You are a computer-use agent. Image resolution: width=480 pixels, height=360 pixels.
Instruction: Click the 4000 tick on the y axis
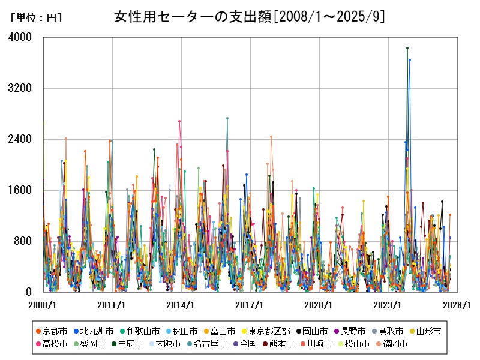(21, 37)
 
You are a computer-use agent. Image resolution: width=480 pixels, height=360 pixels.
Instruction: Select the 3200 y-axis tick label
(21, 88)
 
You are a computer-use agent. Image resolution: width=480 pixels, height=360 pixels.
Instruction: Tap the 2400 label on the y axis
(21, 139)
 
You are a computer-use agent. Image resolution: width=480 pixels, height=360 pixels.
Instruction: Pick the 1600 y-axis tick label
(21, 190)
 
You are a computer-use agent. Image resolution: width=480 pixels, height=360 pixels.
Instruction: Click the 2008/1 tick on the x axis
(43, 305)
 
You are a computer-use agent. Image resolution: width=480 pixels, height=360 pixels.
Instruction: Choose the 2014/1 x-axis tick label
(181, 305)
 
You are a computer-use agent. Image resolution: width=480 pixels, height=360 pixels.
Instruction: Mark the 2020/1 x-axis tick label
(319, 305)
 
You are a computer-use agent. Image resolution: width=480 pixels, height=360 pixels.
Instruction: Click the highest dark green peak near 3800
(407, 48)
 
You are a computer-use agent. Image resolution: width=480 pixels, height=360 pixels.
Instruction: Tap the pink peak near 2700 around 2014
(179, 121)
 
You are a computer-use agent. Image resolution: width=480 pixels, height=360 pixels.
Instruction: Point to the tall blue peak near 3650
(410, 60)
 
